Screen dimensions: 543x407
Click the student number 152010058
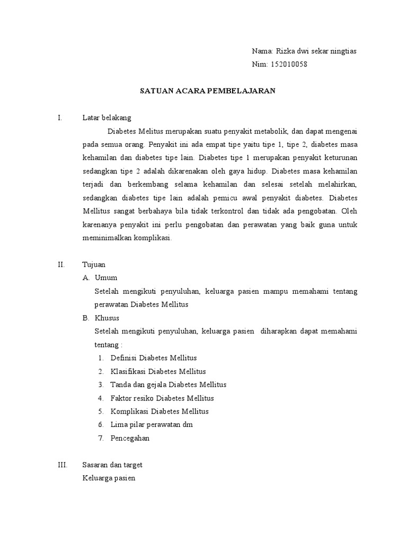click(x=289, y=65)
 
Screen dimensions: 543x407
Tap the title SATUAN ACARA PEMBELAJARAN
click(x=208, y=91)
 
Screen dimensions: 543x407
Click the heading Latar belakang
click(x=107, y=118)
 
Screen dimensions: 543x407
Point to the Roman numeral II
click(x=61, y=264)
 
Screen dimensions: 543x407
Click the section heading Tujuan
click(x=94, y=264)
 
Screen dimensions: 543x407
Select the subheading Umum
click(x=106, y=277)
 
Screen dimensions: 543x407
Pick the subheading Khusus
click(x=107, y=318)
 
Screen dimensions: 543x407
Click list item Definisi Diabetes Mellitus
click(x=154, y=358)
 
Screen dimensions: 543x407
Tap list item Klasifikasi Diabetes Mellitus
click(x=158, y=371)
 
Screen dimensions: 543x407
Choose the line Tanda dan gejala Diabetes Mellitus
click(x=169, y=384)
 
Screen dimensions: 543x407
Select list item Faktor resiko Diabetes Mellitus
click(x=162, y=398)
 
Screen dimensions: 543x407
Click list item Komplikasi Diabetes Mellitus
click(x=160, y=411)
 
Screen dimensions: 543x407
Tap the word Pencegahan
click(x=130, y=438)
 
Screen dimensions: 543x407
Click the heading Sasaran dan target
click(x=112, y=465)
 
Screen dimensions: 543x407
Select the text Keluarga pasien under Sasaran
click(x=109, y=478)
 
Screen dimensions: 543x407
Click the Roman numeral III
click(x=63, y=465)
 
